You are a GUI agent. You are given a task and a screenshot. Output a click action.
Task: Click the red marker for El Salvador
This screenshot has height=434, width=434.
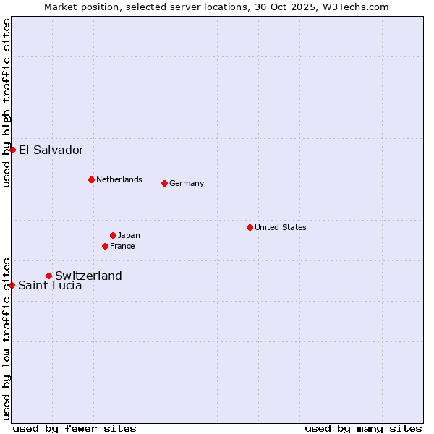tap(13, 150)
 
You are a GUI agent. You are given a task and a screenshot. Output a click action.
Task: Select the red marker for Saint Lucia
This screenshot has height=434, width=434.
tap(12, 285)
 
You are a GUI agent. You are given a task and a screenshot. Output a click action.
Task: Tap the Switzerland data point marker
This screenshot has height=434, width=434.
tap(49, 276)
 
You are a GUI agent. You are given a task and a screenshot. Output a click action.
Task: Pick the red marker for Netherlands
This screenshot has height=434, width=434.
tap(91, 179)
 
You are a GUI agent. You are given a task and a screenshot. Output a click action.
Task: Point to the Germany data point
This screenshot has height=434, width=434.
tap(165, 183)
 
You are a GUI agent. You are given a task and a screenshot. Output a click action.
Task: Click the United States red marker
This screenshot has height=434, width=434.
tap(250, 227)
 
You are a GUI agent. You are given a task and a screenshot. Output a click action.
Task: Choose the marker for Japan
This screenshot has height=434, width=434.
tap(114, 235)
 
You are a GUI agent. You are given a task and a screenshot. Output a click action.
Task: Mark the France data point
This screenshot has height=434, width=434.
tap(106, 246)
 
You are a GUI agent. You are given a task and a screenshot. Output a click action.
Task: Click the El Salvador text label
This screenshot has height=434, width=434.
tap(51, 150)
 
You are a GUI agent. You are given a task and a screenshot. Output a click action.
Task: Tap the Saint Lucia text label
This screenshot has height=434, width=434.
tap(50, 286)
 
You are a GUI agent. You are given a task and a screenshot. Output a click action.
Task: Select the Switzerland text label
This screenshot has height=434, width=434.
tap(88, 276)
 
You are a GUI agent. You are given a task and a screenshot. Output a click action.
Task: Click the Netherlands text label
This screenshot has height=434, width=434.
tap(119, 179)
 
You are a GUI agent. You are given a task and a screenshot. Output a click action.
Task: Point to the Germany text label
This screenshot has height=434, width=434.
tap(187, 183)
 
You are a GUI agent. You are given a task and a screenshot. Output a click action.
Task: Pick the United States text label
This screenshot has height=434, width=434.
tap(281, 227)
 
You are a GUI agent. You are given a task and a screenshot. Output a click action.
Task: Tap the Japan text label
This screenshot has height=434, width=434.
tap(129, 235)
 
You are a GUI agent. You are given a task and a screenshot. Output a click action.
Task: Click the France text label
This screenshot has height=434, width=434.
tap(122, 246)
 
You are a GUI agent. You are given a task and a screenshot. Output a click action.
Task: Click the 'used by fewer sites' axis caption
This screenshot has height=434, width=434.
tap(75, 428)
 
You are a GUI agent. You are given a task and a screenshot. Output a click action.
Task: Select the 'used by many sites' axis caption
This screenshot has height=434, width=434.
tap(363, 428)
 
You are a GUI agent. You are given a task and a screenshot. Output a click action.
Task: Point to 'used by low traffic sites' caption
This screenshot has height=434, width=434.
tap(7, 338)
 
